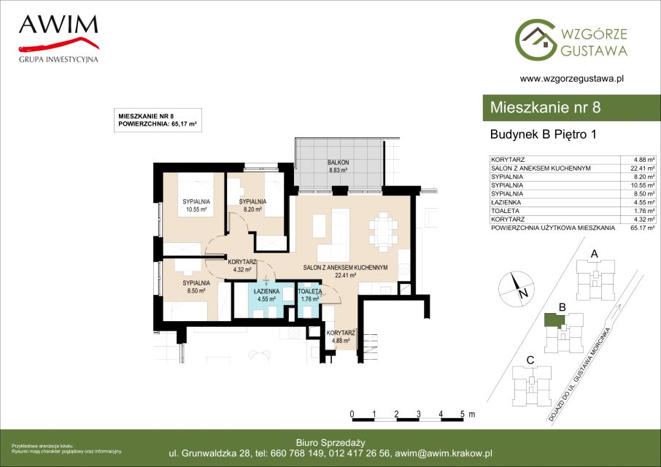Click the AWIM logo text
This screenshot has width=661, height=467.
click(x=58, y=25)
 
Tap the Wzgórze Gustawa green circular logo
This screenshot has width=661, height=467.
click(x=535, y=39)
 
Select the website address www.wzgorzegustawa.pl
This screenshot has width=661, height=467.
click(x=572, y=78)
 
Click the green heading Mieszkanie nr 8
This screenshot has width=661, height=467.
click(x=545, y=107)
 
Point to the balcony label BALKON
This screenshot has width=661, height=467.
click(x=338, y=162)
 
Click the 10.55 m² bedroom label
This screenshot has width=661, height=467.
click(x=196, y=205)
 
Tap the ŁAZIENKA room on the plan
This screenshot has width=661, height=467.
click(x=264, y=301)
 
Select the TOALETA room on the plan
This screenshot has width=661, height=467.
click(x=309, y=301)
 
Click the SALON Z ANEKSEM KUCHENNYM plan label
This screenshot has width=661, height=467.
click(x=345, y=267)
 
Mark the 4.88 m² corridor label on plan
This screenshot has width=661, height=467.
click(x=341, y=337)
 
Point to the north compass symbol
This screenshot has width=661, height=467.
click(x=517, y=289)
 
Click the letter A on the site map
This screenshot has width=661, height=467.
click(x=595, y=254)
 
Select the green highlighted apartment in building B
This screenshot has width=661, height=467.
click(x=554, y=321)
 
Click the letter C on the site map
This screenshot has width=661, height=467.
click(x=530, y=360)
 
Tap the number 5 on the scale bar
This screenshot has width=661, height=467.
click(x=463, y=414)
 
